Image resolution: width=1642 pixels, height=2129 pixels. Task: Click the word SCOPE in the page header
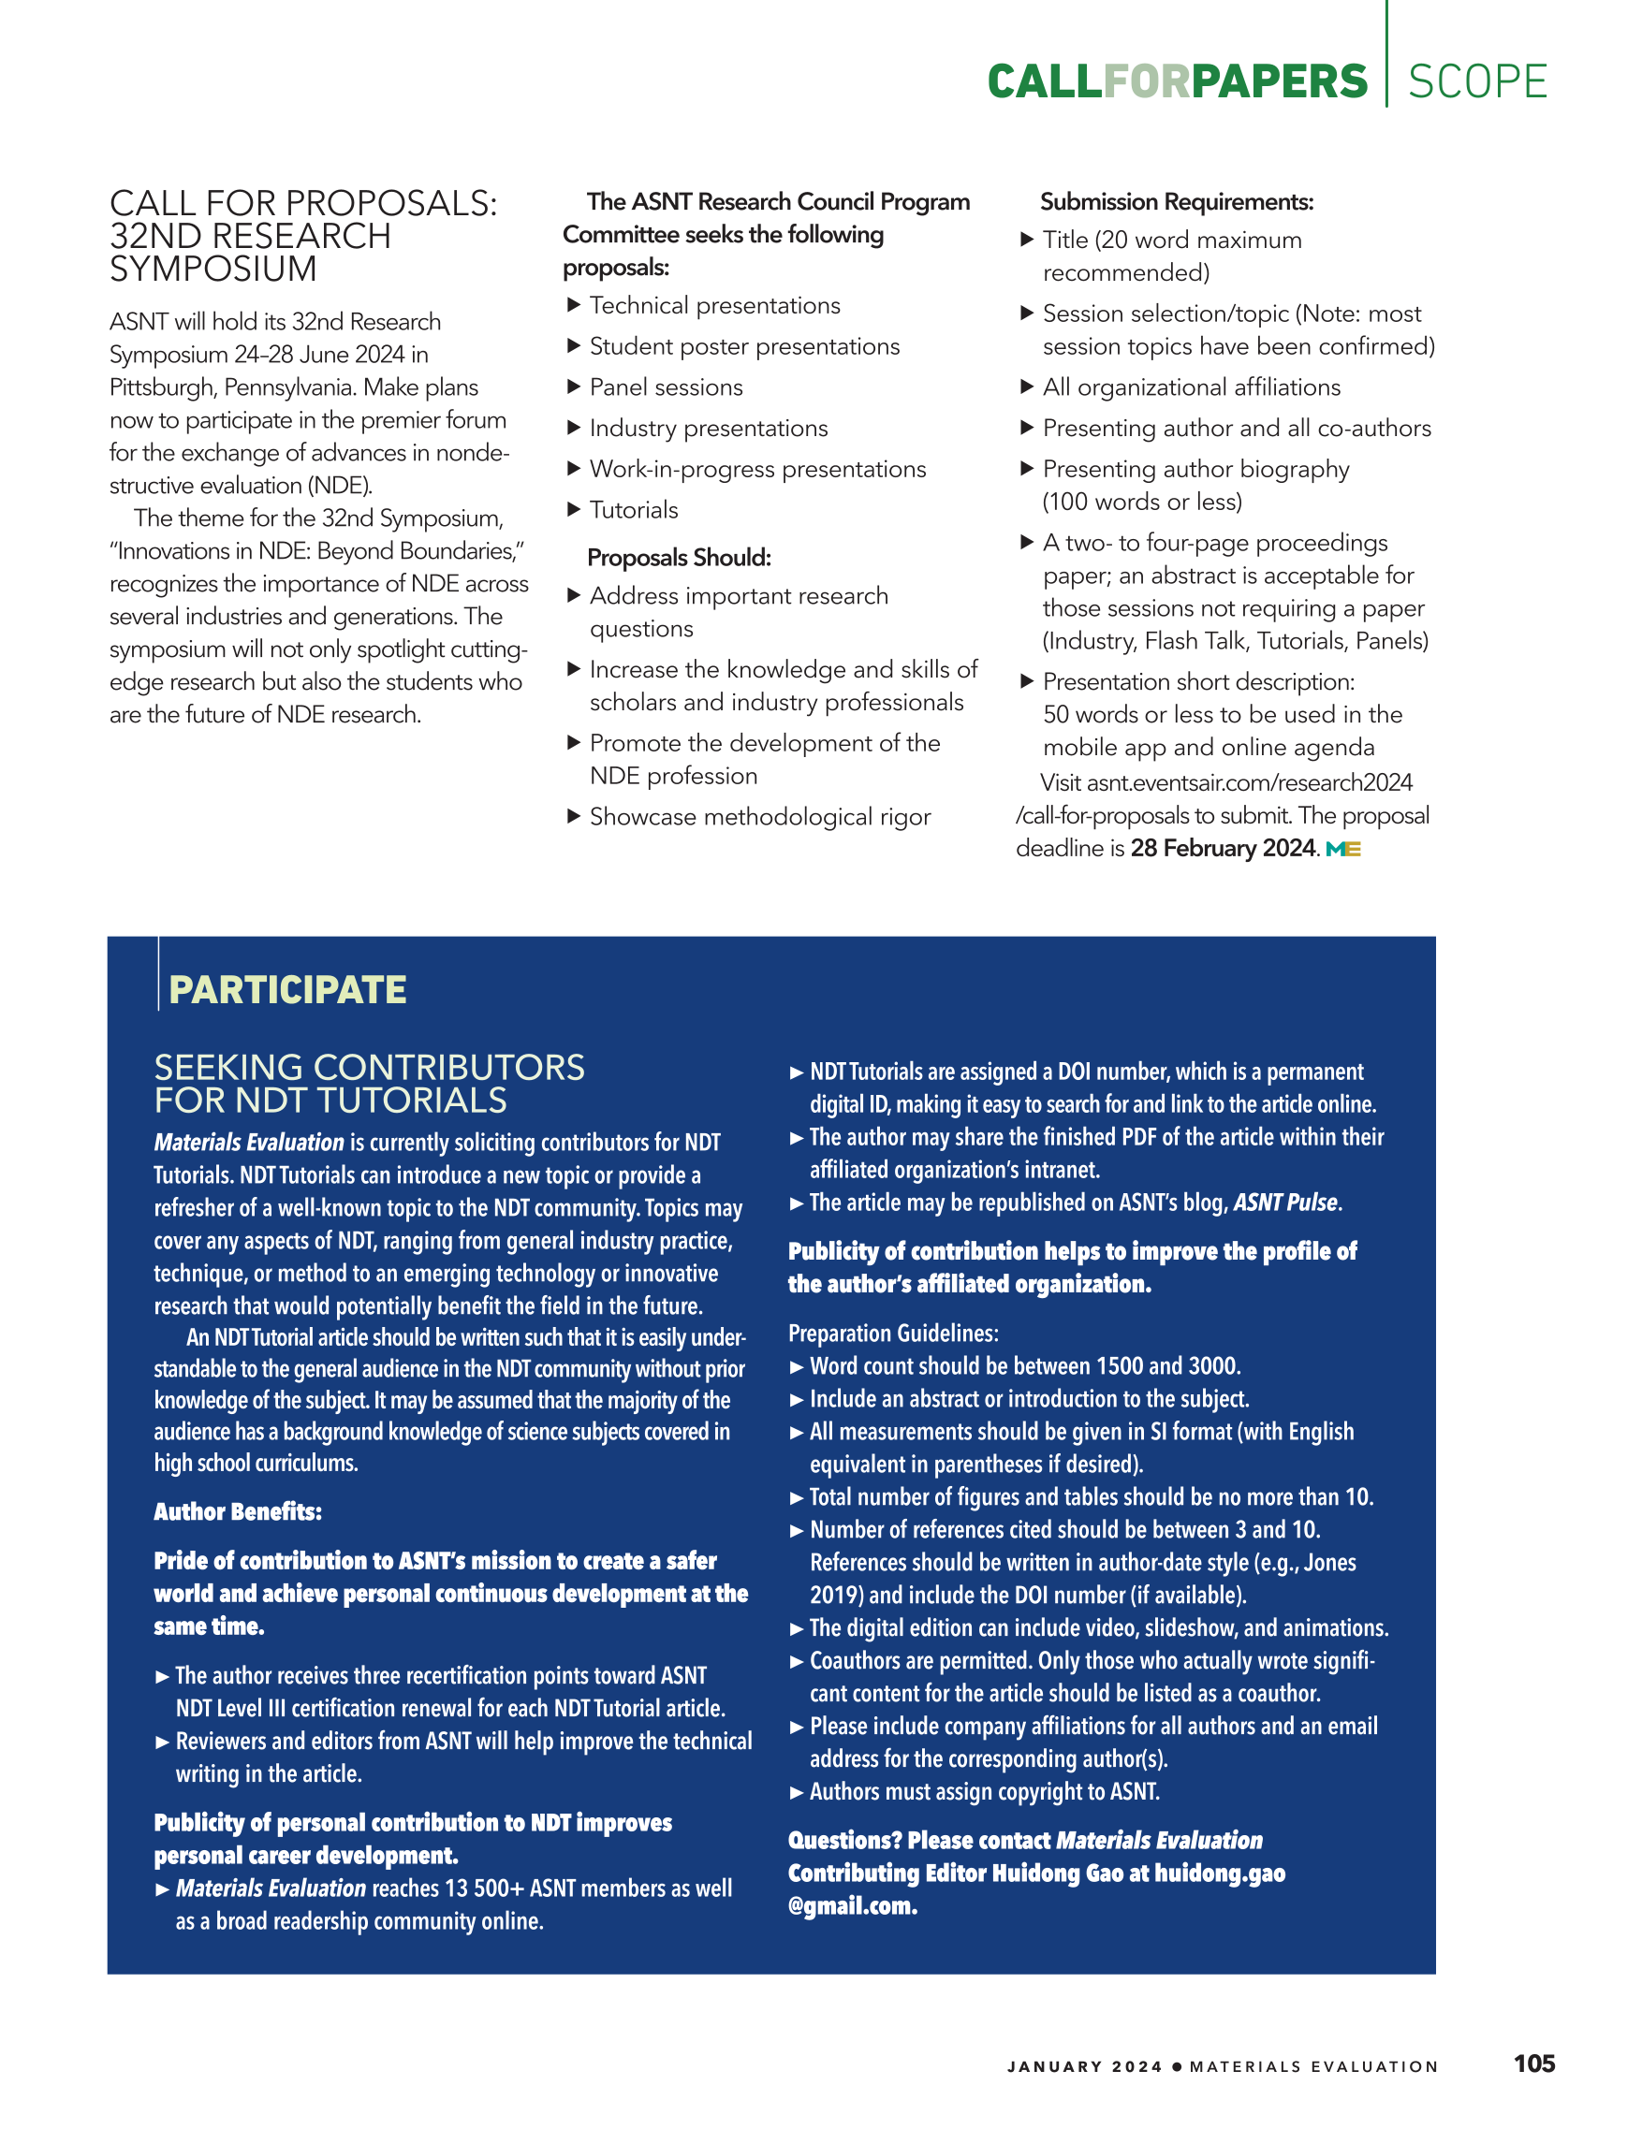coord(1476,82)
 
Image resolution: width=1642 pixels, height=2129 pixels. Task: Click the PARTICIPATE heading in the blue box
coord(287,989)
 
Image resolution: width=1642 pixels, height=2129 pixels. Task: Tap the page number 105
coord(1533,2063)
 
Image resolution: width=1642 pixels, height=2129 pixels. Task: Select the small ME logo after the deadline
coord(1342,849)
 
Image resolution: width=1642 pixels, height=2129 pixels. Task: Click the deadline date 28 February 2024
coord(1223,848)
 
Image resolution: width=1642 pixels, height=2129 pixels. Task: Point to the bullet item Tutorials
coord(634,510)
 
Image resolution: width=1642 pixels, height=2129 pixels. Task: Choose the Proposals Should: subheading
coord(679,558)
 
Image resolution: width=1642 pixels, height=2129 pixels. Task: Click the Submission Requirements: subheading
coord(1176,202)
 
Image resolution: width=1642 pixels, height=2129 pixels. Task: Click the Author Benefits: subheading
coord(238,1512)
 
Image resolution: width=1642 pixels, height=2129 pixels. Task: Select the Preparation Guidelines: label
coord(893,1333)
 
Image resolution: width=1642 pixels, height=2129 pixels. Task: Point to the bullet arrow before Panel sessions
coord(573,387)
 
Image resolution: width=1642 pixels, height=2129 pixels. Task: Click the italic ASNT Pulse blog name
coord(1286,1203)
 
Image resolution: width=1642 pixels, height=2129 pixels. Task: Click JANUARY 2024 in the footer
coord(1084,2066)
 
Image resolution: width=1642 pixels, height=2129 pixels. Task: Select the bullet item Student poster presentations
coord(744,346)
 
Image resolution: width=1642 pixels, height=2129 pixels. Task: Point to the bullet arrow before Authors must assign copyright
coord(797,1792)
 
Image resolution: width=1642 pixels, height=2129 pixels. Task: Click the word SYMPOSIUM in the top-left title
coord(213,270)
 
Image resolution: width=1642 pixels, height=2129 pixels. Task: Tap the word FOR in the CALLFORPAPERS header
coord(1147,82)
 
